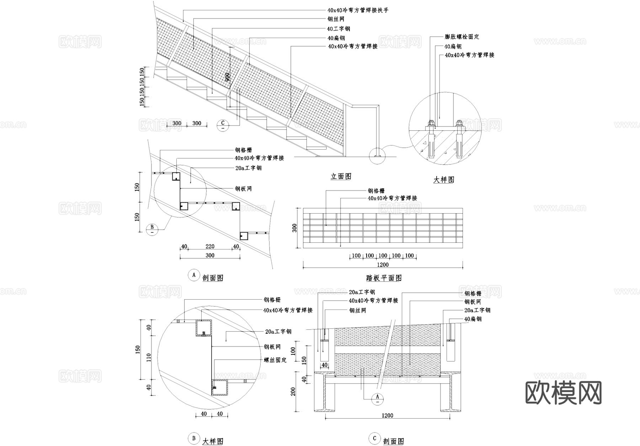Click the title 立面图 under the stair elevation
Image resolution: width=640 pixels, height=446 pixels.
click(x=341, y=176)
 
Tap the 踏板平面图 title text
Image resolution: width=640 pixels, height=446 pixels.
click(x=384, y=278)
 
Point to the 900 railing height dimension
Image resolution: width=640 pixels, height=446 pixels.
click(x=228, y=77)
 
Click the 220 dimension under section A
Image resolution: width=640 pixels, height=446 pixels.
click(x=210, y=246)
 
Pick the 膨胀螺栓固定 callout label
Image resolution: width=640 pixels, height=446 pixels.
click(x=462, y=37)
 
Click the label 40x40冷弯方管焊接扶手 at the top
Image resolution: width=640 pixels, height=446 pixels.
click(x=358, y=10)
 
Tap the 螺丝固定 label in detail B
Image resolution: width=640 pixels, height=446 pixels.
click(x=275, y=360)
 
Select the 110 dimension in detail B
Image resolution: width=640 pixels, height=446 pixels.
click(x=149, y=357)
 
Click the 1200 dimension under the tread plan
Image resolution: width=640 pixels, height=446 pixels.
click(x=383, y=265)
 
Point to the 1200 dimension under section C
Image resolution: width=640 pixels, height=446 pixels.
click(x=387, y=415)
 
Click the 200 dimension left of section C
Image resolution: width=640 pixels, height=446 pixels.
click(x=293, y=391)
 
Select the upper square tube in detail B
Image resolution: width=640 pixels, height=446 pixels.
click(x=203, y=328)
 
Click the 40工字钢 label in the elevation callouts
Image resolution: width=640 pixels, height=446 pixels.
click(x=338, y=29)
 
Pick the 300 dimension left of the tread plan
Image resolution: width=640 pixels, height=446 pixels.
click(x=295, y=228)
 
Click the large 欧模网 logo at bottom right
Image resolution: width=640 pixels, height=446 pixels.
click(x=563, y=393)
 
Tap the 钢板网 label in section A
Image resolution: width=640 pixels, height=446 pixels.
click(x=243, y=189)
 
